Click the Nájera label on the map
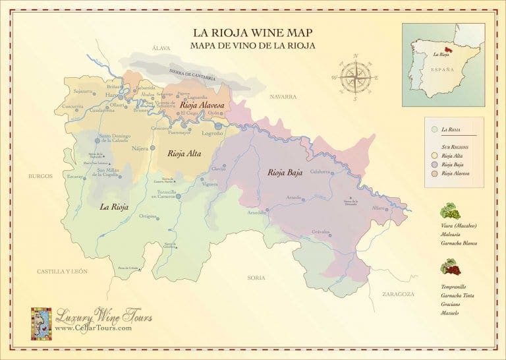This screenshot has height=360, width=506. point(140,148)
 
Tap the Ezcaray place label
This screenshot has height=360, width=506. point(74,177)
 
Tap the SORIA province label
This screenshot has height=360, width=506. point(256,278)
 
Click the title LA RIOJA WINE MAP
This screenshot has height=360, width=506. point(252,32)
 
